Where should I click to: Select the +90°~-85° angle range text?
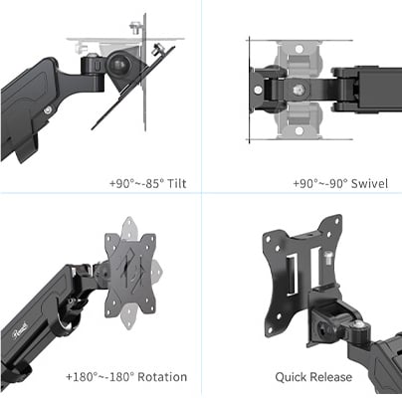tap(136, 184)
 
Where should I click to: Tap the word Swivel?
tap(368, 184)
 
